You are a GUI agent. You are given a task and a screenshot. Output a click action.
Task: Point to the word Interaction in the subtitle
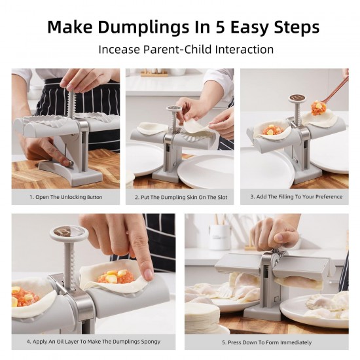pos(242,49)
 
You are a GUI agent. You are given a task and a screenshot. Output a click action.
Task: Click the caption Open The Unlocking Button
pos(65,197)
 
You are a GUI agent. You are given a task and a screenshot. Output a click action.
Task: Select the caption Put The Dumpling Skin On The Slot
pos(181,197)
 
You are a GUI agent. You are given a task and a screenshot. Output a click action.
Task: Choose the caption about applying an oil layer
pos(93,342)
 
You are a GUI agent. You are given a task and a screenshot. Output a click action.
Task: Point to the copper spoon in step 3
pos(333,92)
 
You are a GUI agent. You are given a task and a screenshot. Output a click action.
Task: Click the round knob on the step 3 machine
pos(298,99)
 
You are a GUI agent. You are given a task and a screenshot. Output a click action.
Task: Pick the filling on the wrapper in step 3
pos(272,130)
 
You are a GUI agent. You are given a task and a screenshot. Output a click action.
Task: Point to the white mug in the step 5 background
pos(219,236)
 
